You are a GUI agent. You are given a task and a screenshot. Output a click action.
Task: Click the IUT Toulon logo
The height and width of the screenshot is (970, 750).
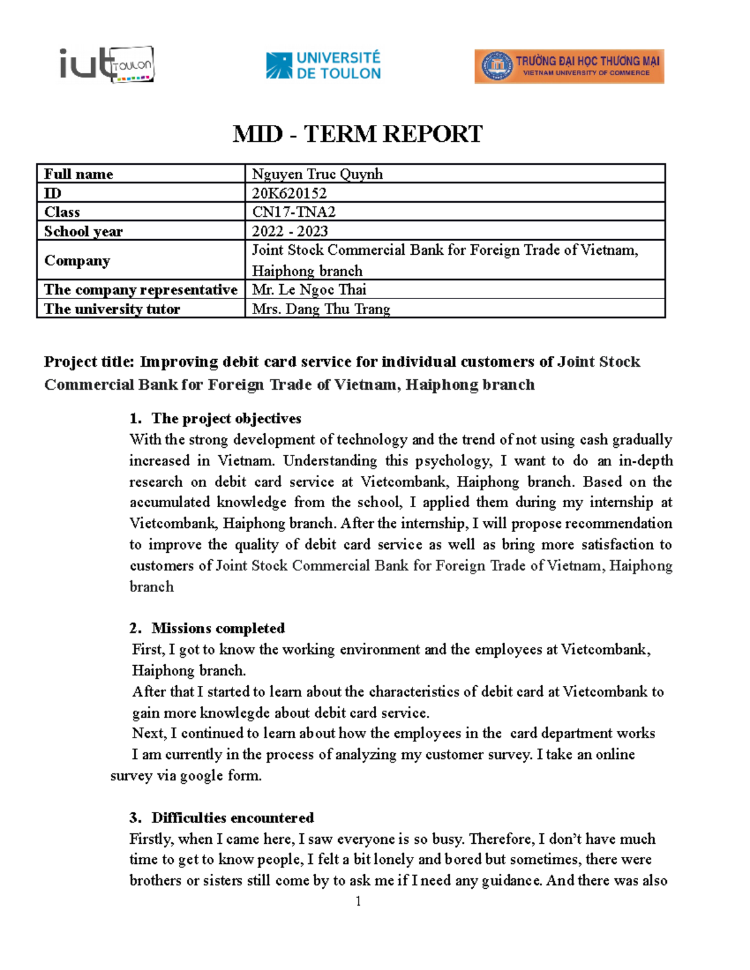107,64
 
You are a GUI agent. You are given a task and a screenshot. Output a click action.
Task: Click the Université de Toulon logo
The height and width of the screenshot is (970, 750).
323,66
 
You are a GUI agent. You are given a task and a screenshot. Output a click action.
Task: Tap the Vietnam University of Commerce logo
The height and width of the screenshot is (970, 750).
569,66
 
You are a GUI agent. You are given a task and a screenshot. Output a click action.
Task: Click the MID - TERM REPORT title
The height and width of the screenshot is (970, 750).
357,134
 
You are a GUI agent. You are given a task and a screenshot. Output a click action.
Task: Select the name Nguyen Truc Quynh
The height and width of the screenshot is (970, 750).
317,174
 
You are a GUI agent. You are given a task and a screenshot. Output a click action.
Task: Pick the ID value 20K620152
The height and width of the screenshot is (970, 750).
289,193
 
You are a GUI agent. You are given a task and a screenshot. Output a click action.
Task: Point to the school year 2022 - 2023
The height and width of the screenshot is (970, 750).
289,231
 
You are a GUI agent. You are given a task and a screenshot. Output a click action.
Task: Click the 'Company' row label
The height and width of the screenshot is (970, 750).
77,260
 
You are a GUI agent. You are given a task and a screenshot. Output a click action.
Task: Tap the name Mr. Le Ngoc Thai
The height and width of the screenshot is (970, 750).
309,290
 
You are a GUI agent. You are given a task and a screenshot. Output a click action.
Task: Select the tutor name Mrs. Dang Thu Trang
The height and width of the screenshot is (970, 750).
321,309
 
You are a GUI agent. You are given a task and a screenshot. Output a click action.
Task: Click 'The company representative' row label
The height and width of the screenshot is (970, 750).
141,290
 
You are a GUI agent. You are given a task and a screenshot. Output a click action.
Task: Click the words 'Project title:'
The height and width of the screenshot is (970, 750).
89,362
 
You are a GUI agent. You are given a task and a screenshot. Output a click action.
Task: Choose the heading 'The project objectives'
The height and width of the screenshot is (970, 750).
226,418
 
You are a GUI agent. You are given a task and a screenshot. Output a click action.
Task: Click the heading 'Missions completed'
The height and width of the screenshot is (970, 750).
218,628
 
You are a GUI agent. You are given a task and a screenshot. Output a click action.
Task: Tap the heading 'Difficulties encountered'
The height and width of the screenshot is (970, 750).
232,818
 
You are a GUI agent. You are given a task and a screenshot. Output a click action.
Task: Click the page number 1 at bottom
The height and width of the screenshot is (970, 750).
358,901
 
